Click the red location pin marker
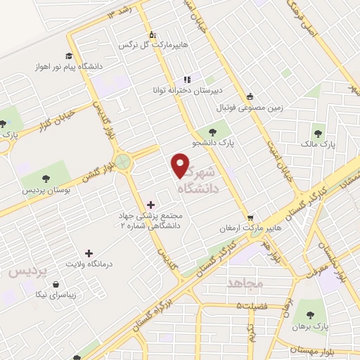181,165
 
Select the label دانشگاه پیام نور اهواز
68,67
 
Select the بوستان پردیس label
46,191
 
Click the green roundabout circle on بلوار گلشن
124,161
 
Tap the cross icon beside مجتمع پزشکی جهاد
150,204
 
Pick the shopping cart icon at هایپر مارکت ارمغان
250,217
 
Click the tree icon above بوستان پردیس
46,179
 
